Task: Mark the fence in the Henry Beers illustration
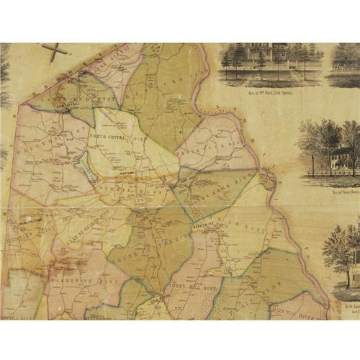tap(331, 175)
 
